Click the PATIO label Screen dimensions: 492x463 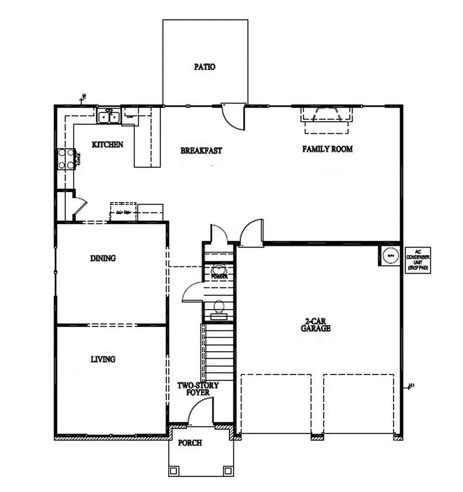tap(205, 67)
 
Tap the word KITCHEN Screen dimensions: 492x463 tap(108, 144)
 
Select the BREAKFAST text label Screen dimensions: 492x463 tap(201, 150)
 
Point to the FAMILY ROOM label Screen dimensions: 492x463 tap(327, 149)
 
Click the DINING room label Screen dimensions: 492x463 tap(103, 258)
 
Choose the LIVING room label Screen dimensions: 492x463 tap(103, 359)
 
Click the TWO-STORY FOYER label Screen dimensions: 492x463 tap(198, 389)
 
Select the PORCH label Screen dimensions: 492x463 tap(190, 443)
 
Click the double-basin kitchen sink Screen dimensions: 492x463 tap(109, 116)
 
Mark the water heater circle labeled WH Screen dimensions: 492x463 tap(390, 255)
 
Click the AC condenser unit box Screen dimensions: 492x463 tap(417, 260)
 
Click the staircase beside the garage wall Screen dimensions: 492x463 tap(218, 351)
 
